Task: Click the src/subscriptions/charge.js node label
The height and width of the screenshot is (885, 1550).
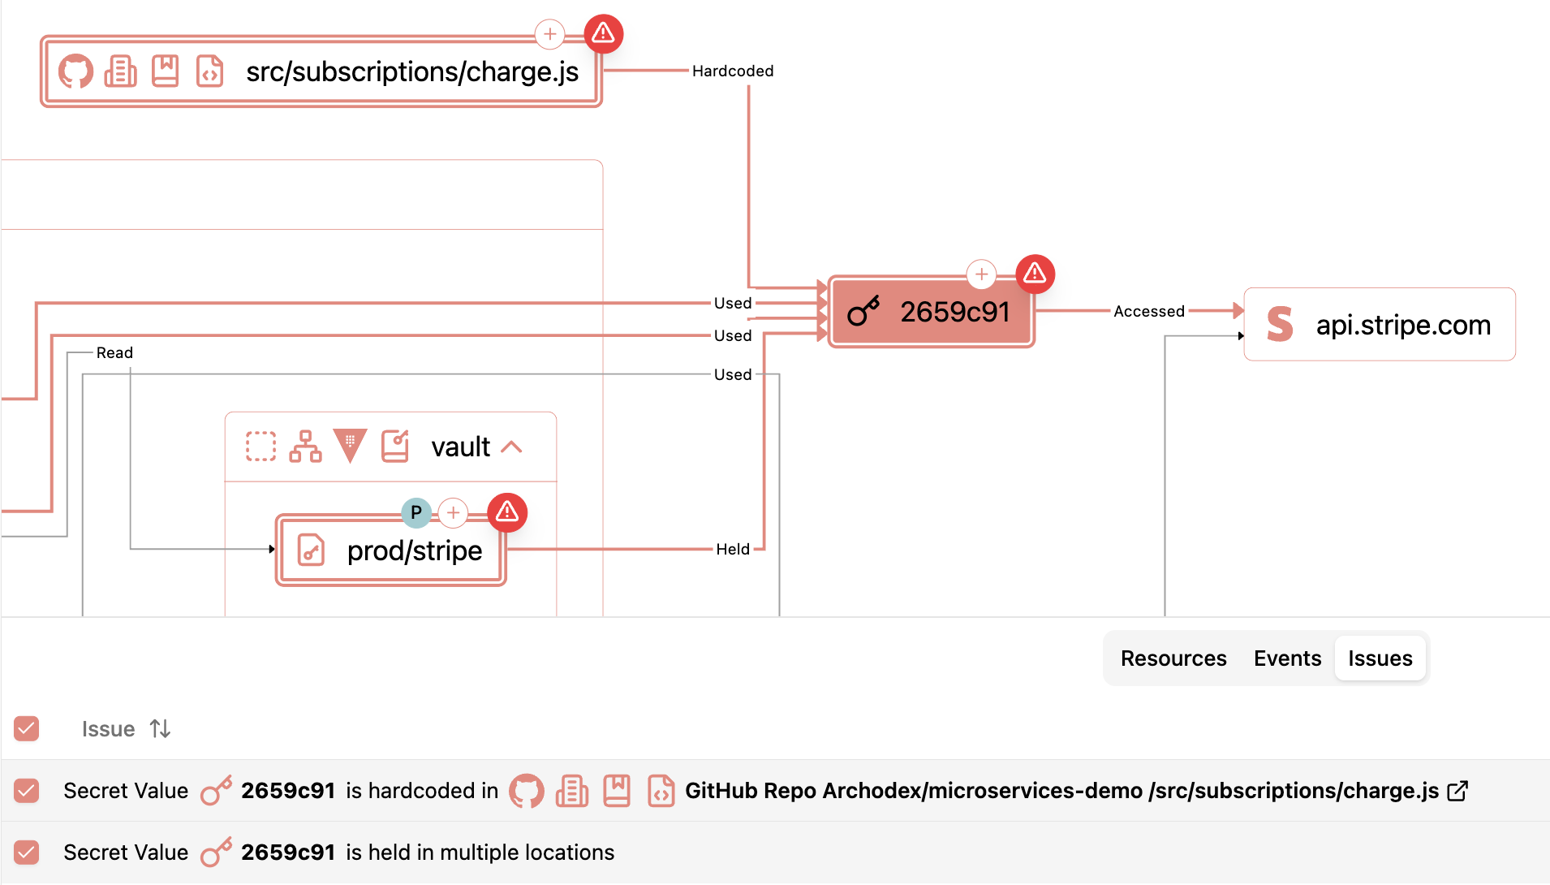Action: click(411, 71)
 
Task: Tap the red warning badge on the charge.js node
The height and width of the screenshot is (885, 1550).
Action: click(603, 33)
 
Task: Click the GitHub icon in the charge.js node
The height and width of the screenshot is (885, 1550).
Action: click(75, 71)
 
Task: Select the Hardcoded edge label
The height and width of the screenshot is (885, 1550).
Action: click(732, 71)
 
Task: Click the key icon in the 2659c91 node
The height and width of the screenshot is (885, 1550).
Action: click(863, 312)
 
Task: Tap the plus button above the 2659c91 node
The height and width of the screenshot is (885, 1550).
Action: click(981, 274)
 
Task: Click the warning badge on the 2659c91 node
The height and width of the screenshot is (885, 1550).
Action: click(1035, 274)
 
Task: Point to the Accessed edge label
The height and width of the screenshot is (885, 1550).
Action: click(1148, 311)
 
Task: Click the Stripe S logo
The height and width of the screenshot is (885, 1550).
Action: click(1279, 324)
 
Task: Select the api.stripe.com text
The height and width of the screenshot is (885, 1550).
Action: click(1403, 325)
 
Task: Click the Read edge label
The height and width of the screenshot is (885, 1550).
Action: click(114, 352)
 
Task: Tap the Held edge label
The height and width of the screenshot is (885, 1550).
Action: click(732, 549)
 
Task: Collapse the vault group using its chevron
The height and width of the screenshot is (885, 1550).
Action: click(512, 447)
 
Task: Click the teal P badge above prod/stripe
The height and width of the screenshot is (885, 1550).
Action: click(416, 512)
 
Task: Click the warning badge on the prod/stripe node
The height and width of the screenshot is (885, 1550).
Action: click(507, 512)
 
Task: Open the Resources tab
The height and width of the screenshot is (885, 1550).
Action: click(1173, 658)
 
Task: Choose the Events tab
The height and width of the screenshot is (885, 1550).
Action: click(1287, 658)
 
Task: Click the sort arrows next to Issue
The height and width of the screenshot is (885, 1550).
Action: click(160, 729)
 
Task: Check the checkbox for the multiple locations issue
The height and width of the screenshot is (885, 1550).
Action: click(27, 853)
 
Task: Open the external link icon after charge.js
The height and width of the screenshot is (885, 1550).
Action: click(1457, 791)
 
